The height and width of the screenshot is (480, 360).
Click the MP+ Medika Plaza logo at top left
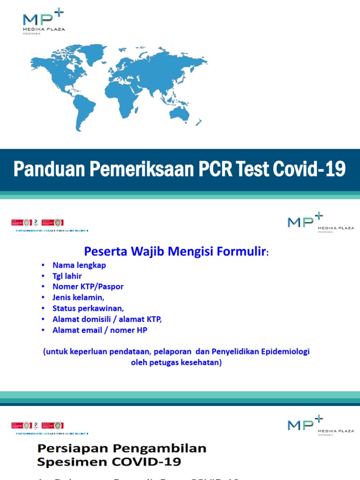click(x=44, y=22)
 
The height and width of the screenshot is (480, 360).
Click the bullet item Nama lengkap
click(x=79, y=265)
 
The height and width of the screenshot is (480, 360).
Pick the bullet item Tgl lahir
click(x=67, y=276)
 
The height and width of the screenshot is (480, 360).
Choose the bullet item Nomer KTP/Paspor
click(x=88, y=286)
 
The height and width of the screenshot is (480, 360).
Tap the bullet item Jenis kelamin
click(x=79, y=297)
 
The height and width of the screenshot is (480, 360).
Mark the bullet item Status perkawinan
click(x=88, y=308)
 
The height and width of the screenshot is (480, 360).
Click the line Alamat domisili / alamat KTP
click(x=107, y=319)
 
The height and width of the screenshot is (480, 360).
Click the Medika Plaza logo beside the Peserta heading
click(x=321, y=222)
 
